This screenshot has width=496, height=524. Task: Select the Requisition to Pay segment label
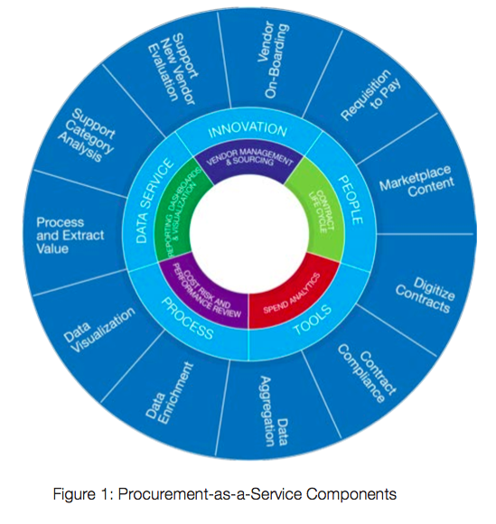[364, 94]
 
